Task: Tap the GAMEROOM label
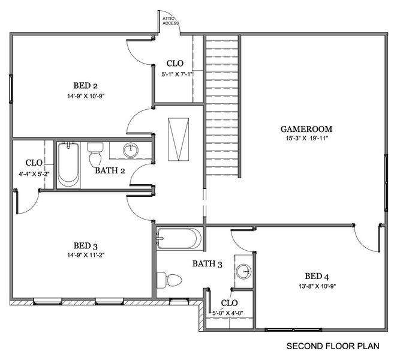[x=306, y=128]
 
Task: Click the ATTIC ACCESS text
[x=170, y=21]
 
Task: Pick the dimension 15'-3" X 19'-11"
[x=306, y=139]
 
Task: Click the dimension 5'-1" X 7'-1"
[x=175, y=74]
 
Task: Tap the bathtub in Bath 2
[x=68, y=165]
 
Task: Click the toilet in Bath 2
[x=95, y=155]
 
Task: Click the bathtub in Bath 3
[x=179, y=239]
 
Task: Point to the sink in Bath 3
[x=243, y=271]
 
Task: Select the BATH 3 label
[x=207, y=263]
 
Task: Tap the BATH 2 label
[x=110, y=170]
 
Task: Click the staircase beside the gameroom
[x=222, y=105]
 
